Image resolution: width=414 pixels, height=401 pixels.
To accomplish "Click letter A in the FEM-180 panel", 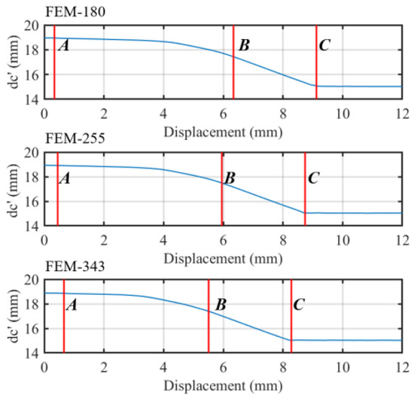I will pos(64,45).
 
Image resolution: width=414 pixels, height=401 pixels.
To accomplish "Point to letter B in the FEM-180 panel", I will pos(243,45).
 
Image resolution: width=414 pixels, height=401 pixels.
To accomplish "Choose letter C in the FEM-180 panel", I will pos(324,45).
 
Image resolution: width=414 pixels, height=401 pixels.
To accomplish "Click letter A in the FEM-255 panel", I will pos(65,178).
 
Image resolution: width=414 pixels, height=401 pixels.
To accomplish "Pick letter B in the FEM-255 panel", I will pos(230,178).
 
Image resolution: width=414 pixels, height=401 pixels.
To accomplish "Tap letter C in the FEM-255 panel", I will pos(314,178).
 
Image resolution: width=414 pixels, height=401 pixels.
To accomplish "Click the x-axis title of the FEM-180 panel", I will pos(224,131).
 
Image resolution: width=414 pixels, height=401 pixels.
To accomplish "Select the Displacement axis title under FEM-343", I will pos(224,386).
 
